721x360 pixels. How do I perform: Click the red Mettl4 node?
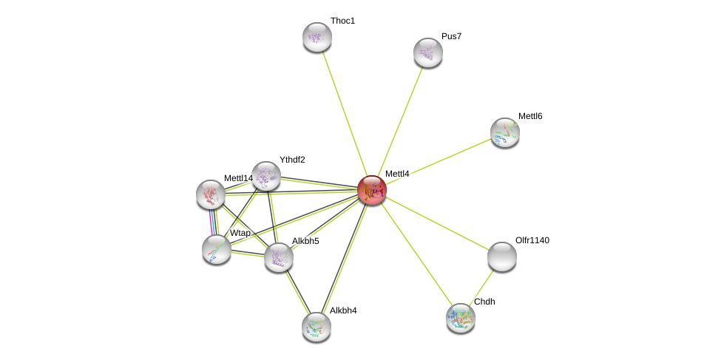(372, 190)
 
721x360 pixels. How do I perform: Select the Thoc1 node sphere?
(317, 37)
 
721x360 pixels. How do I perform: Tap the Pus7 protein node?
(428, 53)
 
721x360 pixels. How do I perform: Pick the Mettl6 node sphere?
(505, 132)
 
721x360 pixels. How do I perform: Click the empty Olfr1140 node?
(501, 257)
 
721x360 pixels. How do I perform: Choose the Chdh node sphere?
(461, 318)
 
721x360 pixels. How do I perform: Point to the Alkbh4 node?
(317, 327)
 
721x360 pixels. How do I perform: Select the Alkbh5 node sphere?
(279, 257)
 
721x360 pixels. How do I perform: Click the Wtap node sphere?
(217, 250)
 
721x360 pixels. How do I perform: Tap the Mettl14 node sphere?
(211, 194)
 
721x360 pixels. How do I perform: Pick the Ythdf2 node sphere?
(266, 176)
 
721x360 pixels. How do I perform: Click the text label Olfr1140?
(532, 240)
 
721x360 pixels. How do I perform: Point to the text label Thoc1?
(342, 21)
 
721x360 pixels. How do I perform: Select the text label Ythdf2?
(292, 160)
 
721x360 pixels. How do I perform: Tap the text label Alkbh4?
(343, 310)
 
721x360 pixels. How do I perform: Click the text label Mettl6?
(530, 116)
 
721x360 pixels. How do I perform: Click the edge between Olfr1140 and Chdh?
(481, 288)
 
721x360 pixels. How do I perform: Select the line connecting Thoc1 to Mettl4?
(345, 114)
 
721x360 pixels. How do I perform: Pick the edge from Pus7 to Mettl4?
(400, 122)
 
